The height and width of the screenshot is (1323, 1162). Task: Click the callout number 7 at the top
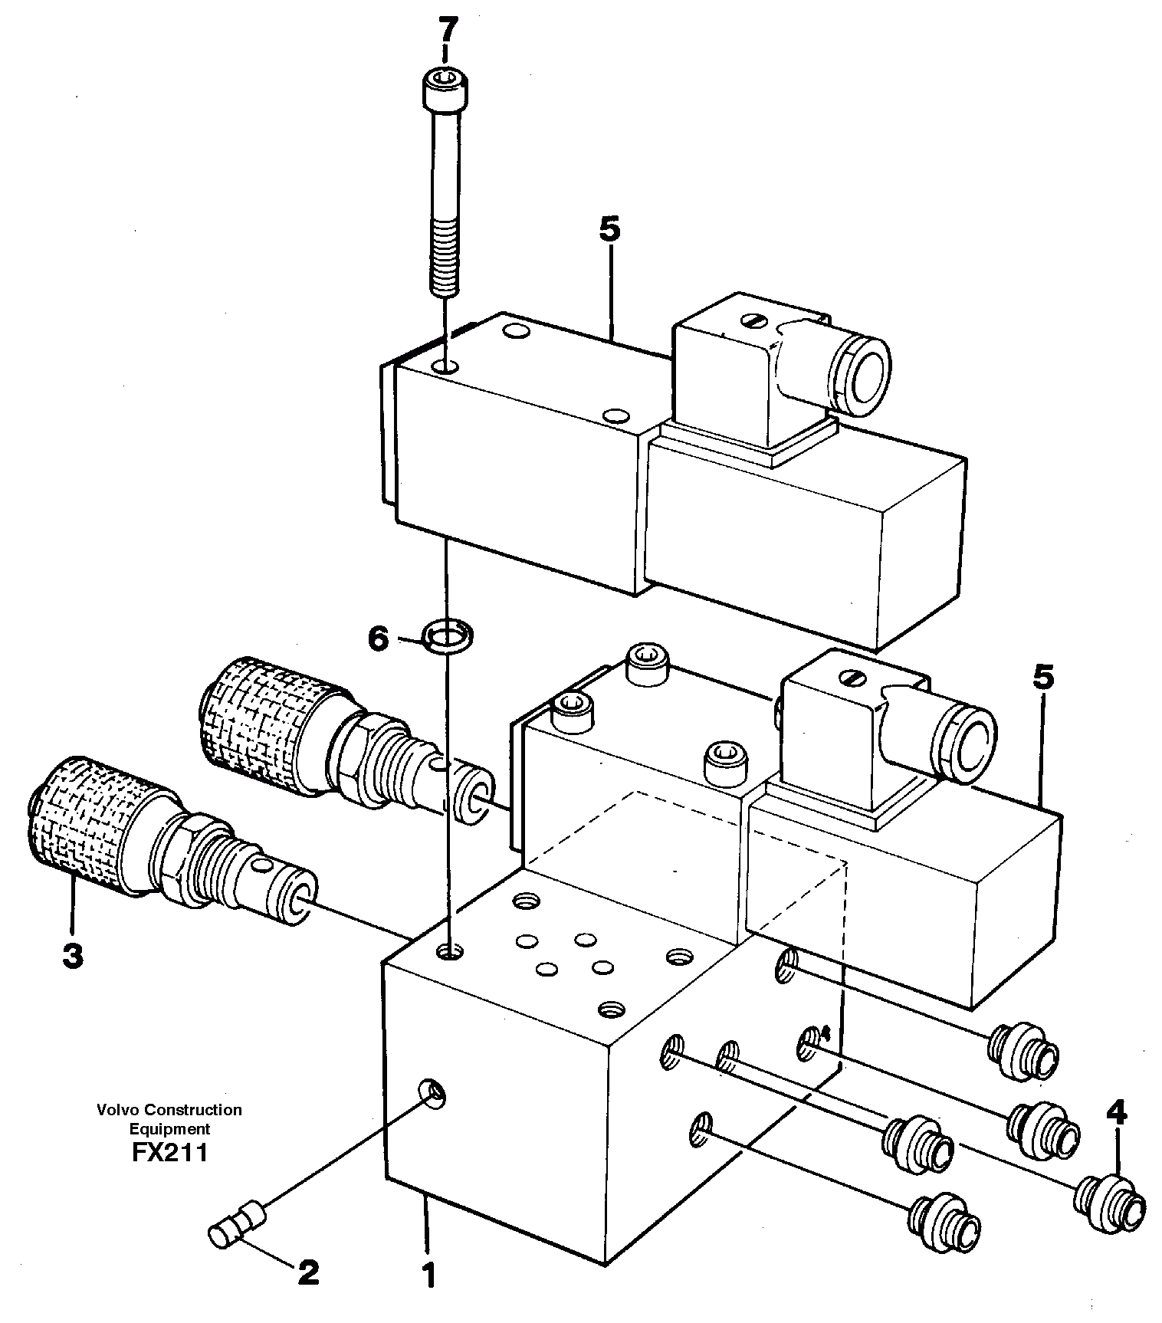447,33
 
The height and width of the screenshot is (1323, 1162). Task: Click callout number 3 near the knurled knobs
72,956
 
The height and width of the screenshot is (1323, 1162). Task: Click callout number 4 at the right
1116,1112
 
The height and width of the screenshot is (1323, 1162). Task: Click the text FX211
169,1153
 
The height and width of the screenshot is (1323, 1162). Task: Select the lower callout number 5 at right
1042,678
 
